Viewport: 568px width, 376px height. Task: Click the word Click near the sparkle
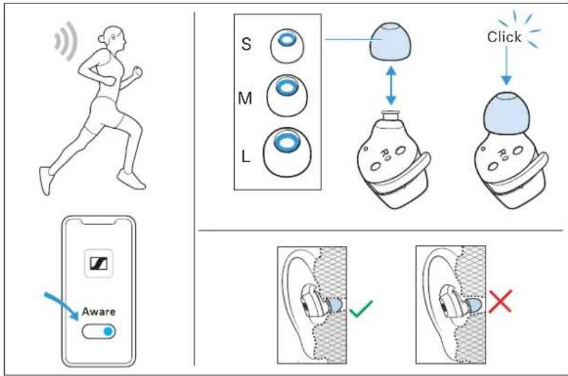coord(504,37)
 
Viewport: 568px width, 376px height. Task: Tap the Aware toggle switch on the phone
coord(98,331)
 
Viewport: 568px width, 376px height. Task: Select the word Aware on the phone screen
coord(98,312)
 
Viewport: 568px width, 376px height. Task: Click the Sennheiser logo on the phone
coord(98,263)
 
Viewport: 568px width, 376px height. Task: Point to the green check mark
coord(361,309)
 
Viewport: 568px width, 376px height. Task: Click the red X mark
coord(500,301)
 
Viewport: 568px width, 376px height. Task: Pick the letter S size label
coord(246,44)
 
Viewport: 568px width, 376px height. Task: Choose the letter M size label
coord(245,98)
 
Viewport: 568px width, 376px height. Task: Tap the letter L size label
coord(246,156)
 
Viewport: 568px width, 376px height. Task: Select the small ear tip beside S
coord(287,46)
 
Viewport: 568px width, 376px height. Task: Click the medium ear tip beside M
coord(287,96)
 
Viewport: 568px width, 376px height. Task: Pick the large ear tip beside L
coord(287,152)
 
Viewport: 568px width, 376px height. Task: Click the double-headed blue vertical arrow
coord(391,85)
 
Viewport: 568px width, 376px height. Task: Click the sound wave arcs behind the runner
coord(66,40)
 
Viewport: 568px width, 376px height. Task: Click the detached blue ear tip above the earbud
coord(390,42)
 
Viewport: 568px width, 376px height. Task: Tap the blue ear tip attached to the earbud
coord(506,113)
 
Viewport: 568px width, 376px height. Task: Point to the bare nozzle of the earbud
coord(390,116)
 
